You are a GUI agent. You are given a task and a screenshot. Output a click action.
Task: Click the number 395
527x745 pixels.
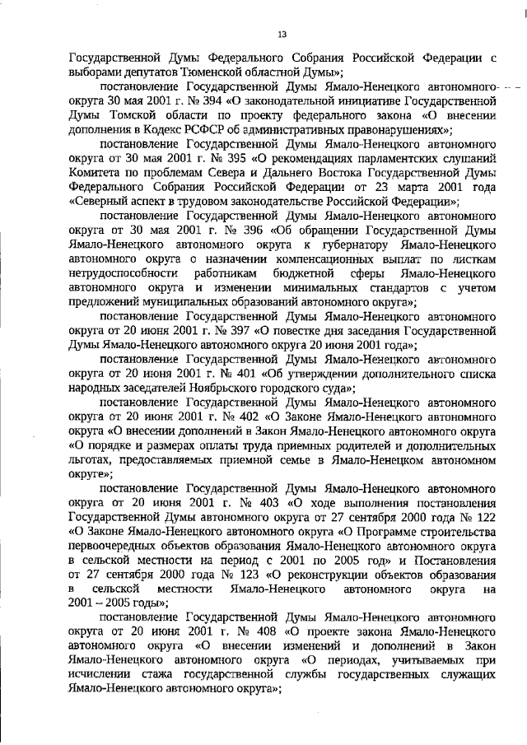point(219,159)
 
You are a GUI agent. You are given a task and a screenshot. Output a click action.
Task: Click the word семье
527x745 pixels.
point(322,461)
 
